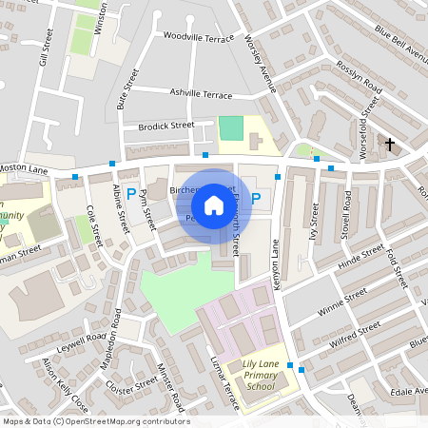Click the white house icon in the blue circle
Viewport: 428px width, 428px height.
pos(214,204)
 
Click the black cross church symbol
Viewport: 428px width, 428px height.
pos(389,144)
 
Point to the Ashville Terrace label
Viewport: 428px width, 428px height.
pos(201,95)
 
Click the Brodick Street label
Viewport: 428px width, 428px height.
pos(165,126)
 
